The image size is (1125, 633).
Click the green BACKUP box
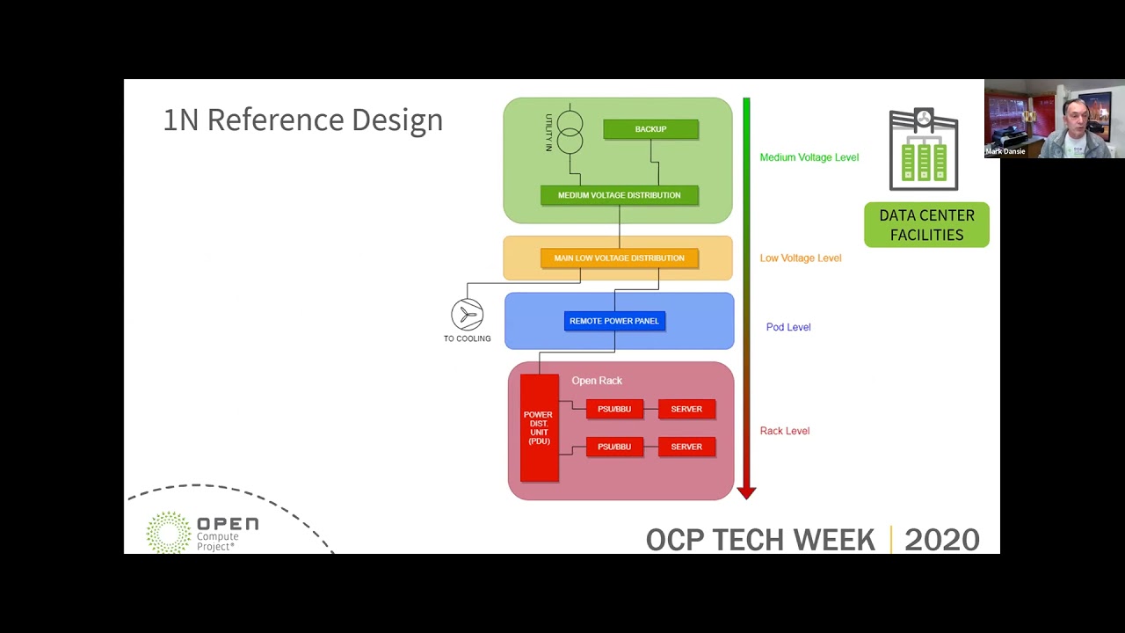(650, 129)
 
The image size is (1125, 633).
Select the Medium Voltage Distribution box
(619, 195)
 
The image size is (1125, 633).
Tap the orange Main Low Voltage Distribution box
(619, 258)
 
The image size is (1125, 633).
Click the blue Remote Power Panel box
(613, 321)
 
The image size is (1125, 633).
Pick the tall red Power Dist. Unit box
(539, 428)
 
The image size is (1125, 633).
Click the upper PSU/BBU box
(614, 409)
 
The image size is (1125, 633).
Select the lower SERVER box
(686, 447)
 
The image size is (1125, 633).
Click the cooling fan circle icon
(467, 315)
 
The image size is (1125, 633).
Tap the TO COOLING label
(467, 338)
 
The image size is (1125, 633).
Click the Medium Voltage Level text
(809, 157)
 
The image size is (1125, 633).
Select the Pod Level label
(787, 327)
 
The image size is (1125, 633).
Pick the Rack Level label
(784, 431)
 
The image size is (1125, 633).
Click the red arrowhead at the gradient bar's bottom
(746, 492)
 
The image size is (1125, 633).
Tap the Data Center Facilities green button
(926, 225)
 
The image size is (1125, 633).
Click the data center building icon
(923, 149)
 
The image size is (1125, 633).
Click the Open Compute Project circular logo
(168, 532)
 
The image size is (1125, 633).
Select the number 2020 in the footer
(941, 539)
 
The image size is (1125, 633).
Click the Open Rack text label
(597, 381)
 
